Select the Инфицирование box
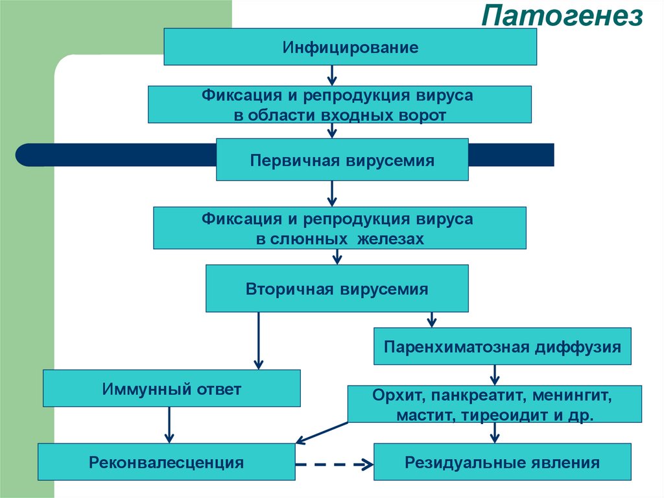click(350, 47)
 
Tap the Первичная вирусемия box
click(342, 159)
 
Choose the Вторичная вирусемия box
click(337, 288)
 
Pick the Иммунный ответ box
click(171, 389)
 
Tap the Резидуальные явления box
click(502, 462)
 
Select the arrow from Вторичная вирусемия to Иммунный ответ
click(258, 341)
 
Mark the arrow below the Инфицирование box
click(332, 75)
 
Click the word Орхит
click(393, 395)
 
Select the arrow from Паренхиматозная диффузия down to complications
click(495, 375)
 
